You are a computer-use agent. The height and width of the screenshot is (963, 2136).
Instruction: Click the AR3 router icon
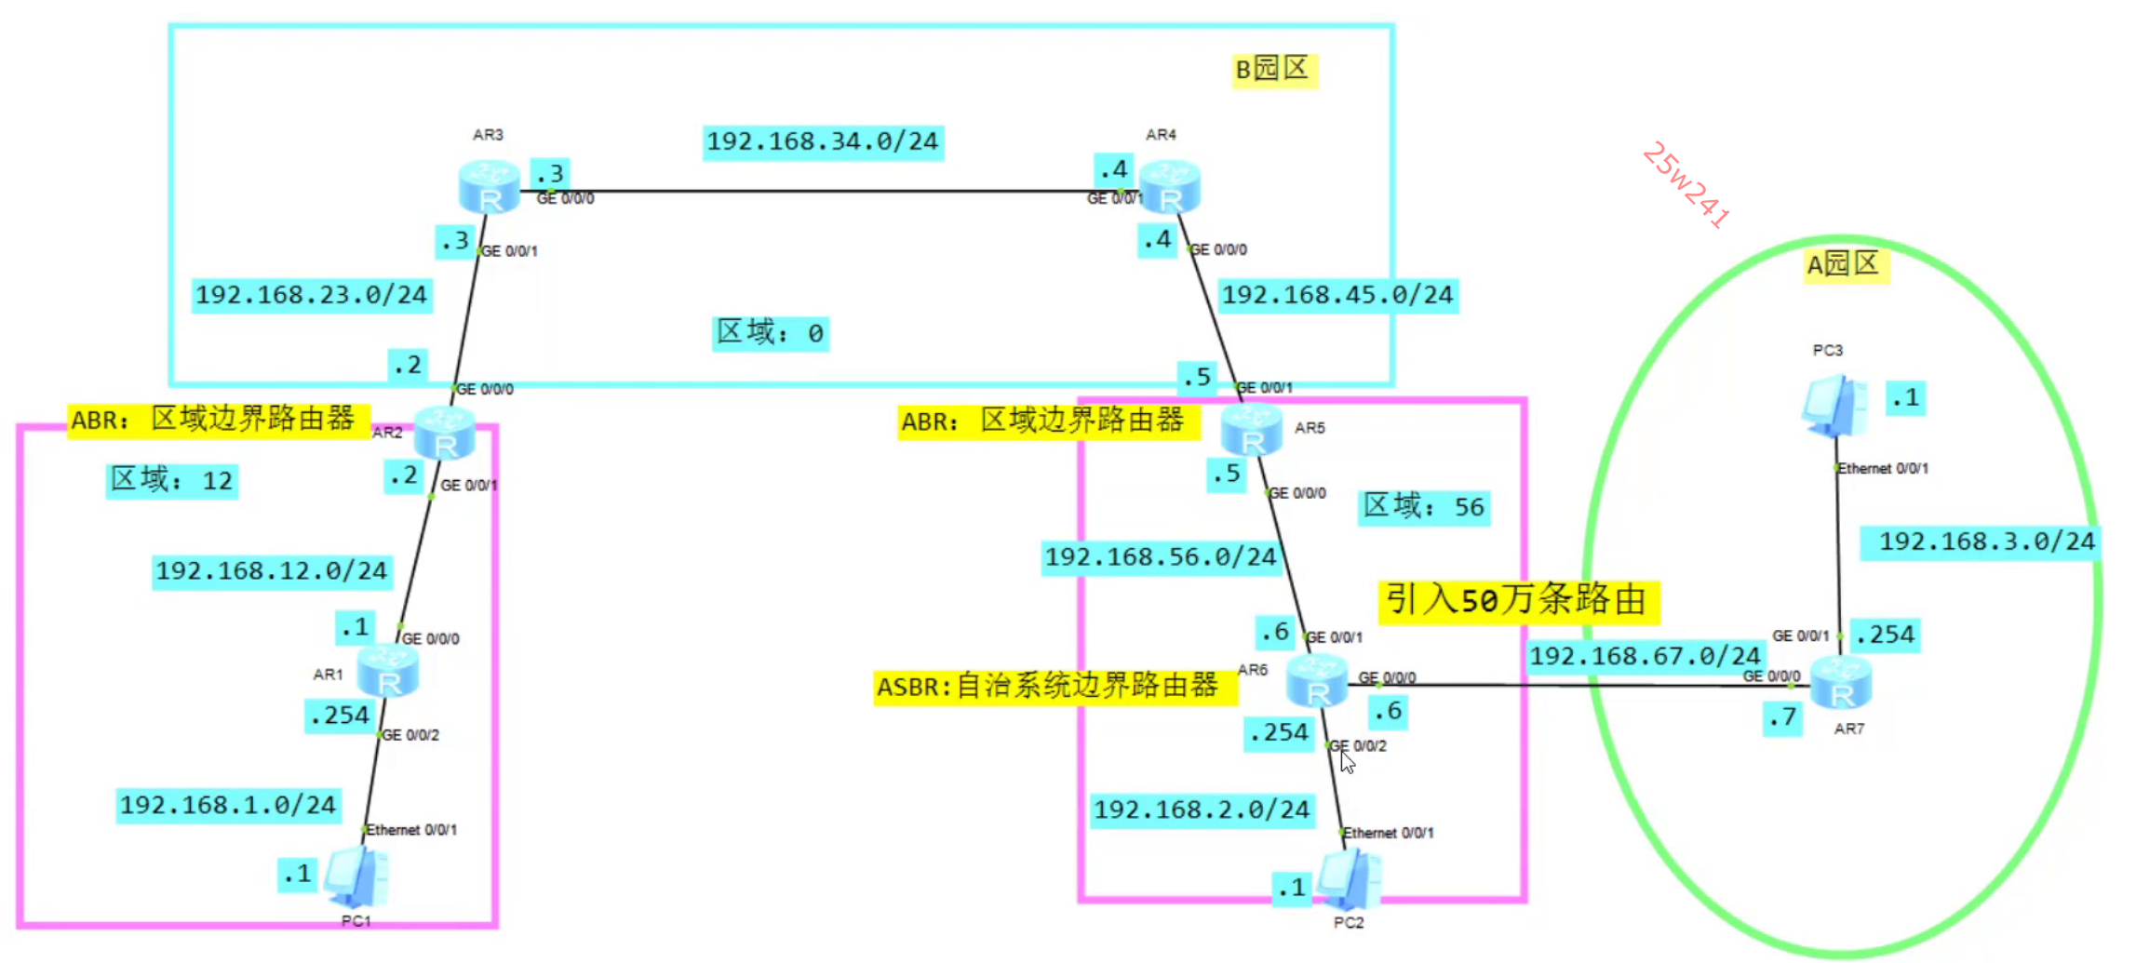[489, 187]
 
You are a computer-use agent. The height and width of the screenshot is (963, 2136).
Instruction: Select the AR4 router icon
[1170, 187]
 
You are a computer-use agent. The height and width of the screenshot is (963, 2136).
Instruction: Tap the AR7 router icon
[1841, 682]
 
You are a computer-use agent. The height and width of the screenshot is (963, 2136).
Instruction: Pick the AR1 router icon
[388, 671]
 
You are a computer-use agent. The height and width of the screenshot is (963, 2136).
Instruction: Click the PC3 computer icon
[1834, 405]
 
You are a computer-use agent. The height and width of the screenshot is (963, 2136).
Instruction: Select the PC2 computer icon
[1350, 879]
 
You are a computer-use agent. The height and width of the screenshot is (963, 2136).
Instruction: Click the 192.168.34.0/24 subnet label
[823, 142]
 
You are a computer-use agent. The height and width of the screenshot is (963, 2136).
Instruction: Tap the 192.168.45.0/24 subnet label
[1337, 296]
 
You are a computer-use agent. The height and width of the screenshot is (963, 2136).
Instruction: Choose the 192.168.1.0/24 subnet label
[228, 805]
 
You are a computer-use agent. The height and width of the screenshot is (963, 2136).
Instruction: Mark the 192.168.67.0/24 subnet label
[1645, 656]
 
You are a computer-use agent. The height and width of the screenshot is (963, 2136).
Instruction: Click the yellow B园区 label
[1273, 70]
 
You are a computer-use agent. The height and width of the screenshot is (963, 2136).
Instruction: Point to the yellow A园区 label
[1845, 265]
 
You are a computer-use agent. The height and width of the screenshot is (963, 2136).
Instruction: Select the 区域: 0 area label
[771, 333]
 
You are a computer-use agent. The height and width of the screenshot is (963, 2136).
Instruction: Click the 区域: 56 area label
[1424, 507]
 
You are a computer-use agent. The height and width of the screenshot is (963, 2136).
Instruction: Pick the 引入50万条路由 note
[1517, 600]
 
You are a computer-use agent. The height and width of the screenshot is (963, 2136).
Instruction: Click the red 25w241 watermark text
[1685, 184]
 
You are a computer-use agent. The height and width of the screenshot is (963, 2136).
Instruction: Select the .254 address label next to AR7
[1885, 635]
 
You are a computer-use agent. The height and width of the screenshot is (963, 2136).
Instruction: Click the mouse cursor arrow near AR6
[1347, 762]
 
